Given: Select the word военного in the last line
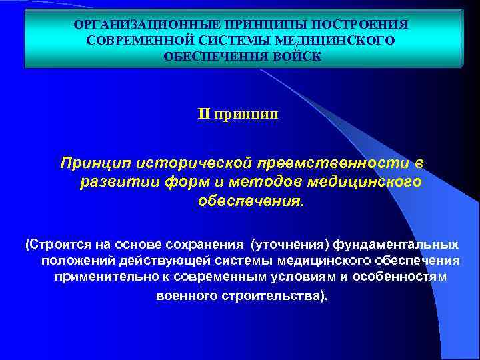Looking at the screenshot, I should [x=183, y=295].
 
